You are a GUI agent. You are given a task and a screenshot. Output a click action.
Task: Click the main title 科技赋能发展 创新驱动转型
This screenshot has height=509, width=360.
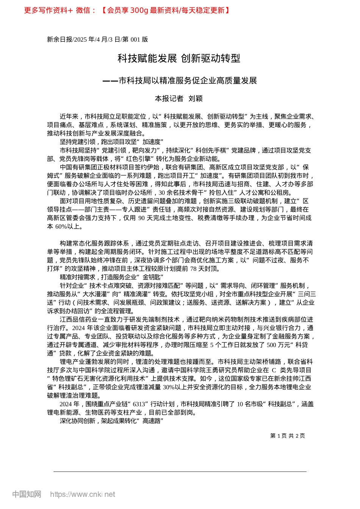pos(179,58)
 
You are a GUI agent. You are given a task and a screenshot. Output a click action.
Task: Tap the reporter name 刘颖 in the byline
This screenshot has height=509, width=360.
pos(196,98)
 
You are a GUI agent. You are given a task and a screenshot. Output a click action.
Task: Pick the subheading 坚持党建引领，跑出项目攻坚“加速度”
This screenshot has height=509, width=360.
pos(111,142)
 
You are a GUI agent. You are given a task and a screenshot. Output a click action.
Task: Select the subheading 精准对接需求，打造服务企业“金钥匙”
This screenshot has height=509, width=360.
pos(111,277)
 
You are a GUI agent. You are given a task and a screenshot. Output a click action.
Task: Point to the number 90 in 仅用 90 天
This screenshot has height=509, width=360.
pos(142,218)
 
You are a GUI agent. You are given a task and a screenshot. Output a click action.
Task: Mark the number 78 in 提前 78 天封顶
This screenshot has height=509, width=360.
pos(194,269)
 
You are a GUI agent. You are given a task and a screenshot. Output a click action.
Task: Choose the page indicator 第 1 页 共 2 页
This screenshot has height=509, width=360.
pos(287,436)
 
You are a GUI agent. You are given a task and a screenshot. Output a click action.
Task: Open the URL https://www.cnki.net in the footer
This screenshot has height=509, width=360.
pos(83,494)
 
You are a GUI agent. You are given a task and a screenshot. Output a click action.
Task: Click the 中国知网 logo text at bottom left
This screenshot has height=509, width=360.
pos(27,494)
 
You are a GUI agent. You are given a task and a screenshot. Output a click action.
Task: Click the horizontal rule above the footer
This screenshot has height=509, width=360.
pos(180,472)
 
